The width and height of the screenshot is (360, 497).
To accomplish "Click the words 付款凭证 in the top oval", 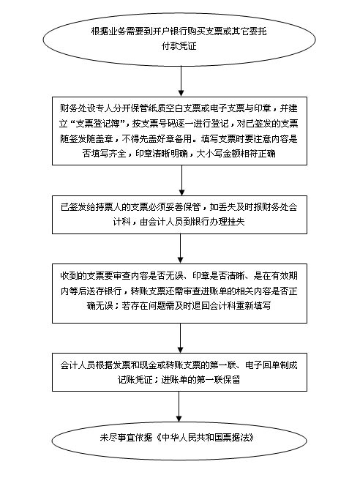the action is [179, 46].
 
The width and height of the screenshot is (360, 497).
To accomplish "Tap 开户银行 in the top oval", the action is [170, 31].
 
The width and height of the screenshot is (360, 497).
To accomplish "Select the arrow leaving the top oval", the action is [181, 81].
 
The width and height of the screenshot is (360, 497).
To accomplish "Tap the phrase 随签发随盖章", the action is [87, 138].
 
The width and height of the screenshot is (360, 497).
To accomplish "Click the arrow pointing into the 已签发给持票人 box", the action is [181, 180].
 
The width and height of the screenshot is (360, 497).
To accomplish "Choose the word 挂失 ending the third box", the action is [236, 222].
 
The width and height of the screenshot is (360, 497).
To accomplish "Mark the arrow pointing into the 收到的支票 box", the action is [180, 249].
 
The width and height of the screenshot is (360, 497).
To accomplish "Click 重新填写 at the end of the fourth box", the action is [253, 306].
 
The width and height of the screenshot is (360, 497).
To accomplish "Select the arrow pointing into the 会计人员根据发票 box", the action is [180, 338].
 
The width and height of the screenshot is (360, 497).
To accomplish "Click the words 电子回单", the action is [263, 365].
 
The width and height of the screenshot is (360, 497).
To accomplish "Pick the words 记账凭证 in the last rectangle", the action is [135, 380].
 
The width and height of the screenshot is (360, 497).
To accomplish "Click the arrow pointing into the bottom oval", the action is [179, 406].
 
